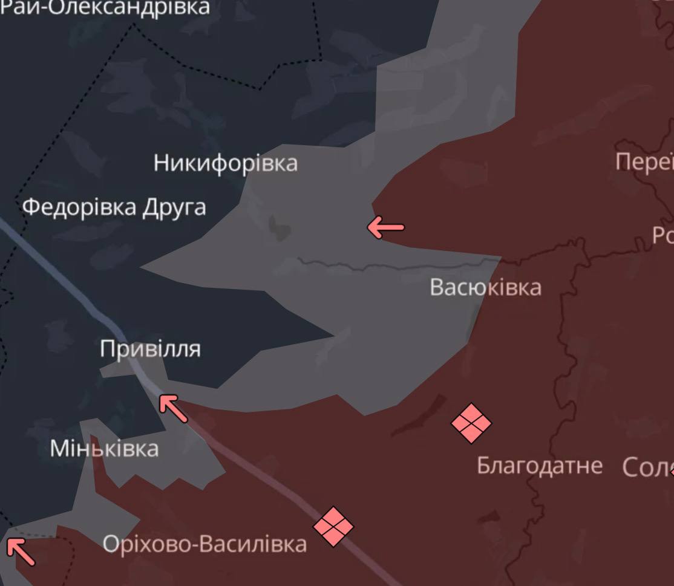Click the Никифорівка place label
pyautogui.click(x=225, y=163)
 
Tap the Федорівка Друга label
pyautogui.click(x=114, y=207)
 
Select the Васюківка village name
pyautogui.click(x=485, y=287)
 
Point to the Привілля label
pyautogui.click(x=150, y=349)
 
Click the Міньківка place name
pyautogui.click(x=104, y=449)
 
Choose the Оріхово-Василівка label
pyautogui.click(x=204, y=544)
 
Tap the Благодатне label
pyautogui.click(x=539, y=466)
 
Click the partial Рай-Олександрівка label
pyautogui.click(x=109, y=7)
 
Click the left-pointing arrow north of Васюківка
pyautogui.click(x=385, y=227)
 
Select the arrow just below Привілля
pyautogui.click(x=174, y=408)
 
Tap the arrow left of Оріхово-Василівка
pyautogui.click(x=20, y=551)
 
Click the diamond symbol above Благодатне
pyautogui.click(x=471, y=423)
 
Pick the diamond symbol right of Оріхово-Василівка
pyautogui.click(x=333, y=526)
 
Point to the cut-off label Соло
pyautogui.click(x=648, y=467)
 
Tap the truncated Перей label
pyautogui.click(x=644, y=162)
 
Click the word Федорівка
pyautogui.click(x=79, y=207)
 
